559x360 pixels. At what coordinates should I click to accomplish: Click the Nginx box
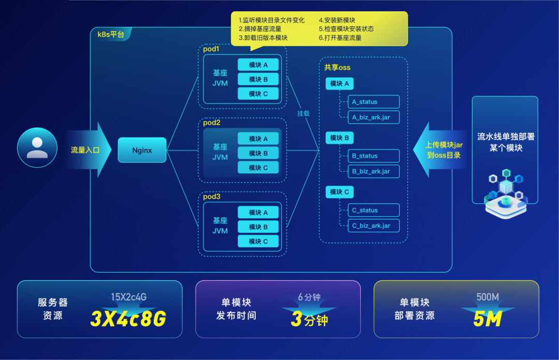[x=142, y=150]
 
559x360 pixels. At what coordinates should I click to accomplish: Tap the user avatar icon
[x=37, y=147]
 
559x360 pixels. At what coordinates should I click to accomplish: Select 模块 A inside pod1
[x=258, y=65]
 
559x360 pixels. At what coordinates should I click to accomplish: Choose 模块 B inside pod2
[x=258, y=153]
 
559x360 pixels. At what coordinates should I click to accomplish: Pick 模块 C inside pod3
[x=258, y=241]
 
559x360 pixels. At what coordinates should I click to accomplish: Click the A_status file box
[x=373, y=102]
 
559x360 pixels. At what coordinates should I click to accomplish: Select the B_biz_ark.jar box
[x=373, y=171]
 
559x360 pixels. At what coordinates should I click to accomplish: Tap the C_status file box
[x=373, y=210]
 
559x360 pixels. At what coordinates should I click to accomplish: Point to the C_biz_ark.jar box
[x=373, y=226]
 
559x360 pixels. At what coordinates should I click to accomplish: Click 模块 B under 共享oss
[x=340, y=138]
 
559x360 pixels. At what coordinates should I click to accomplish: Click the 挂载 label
[x=303, y=113]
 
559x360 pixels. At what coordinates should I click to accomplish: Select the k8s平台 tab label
[x=111, y=35]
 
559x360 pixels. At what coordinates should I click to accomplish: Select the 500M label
[x=488, y=297]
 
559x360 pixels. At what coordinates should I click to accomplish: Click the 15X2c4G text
[x=128, y=297]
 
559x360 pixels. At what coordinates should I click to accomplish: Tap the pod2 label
[x=212, y=123]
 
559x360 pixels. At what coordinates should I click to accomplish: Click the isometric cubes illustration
[x=505, y=191]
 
